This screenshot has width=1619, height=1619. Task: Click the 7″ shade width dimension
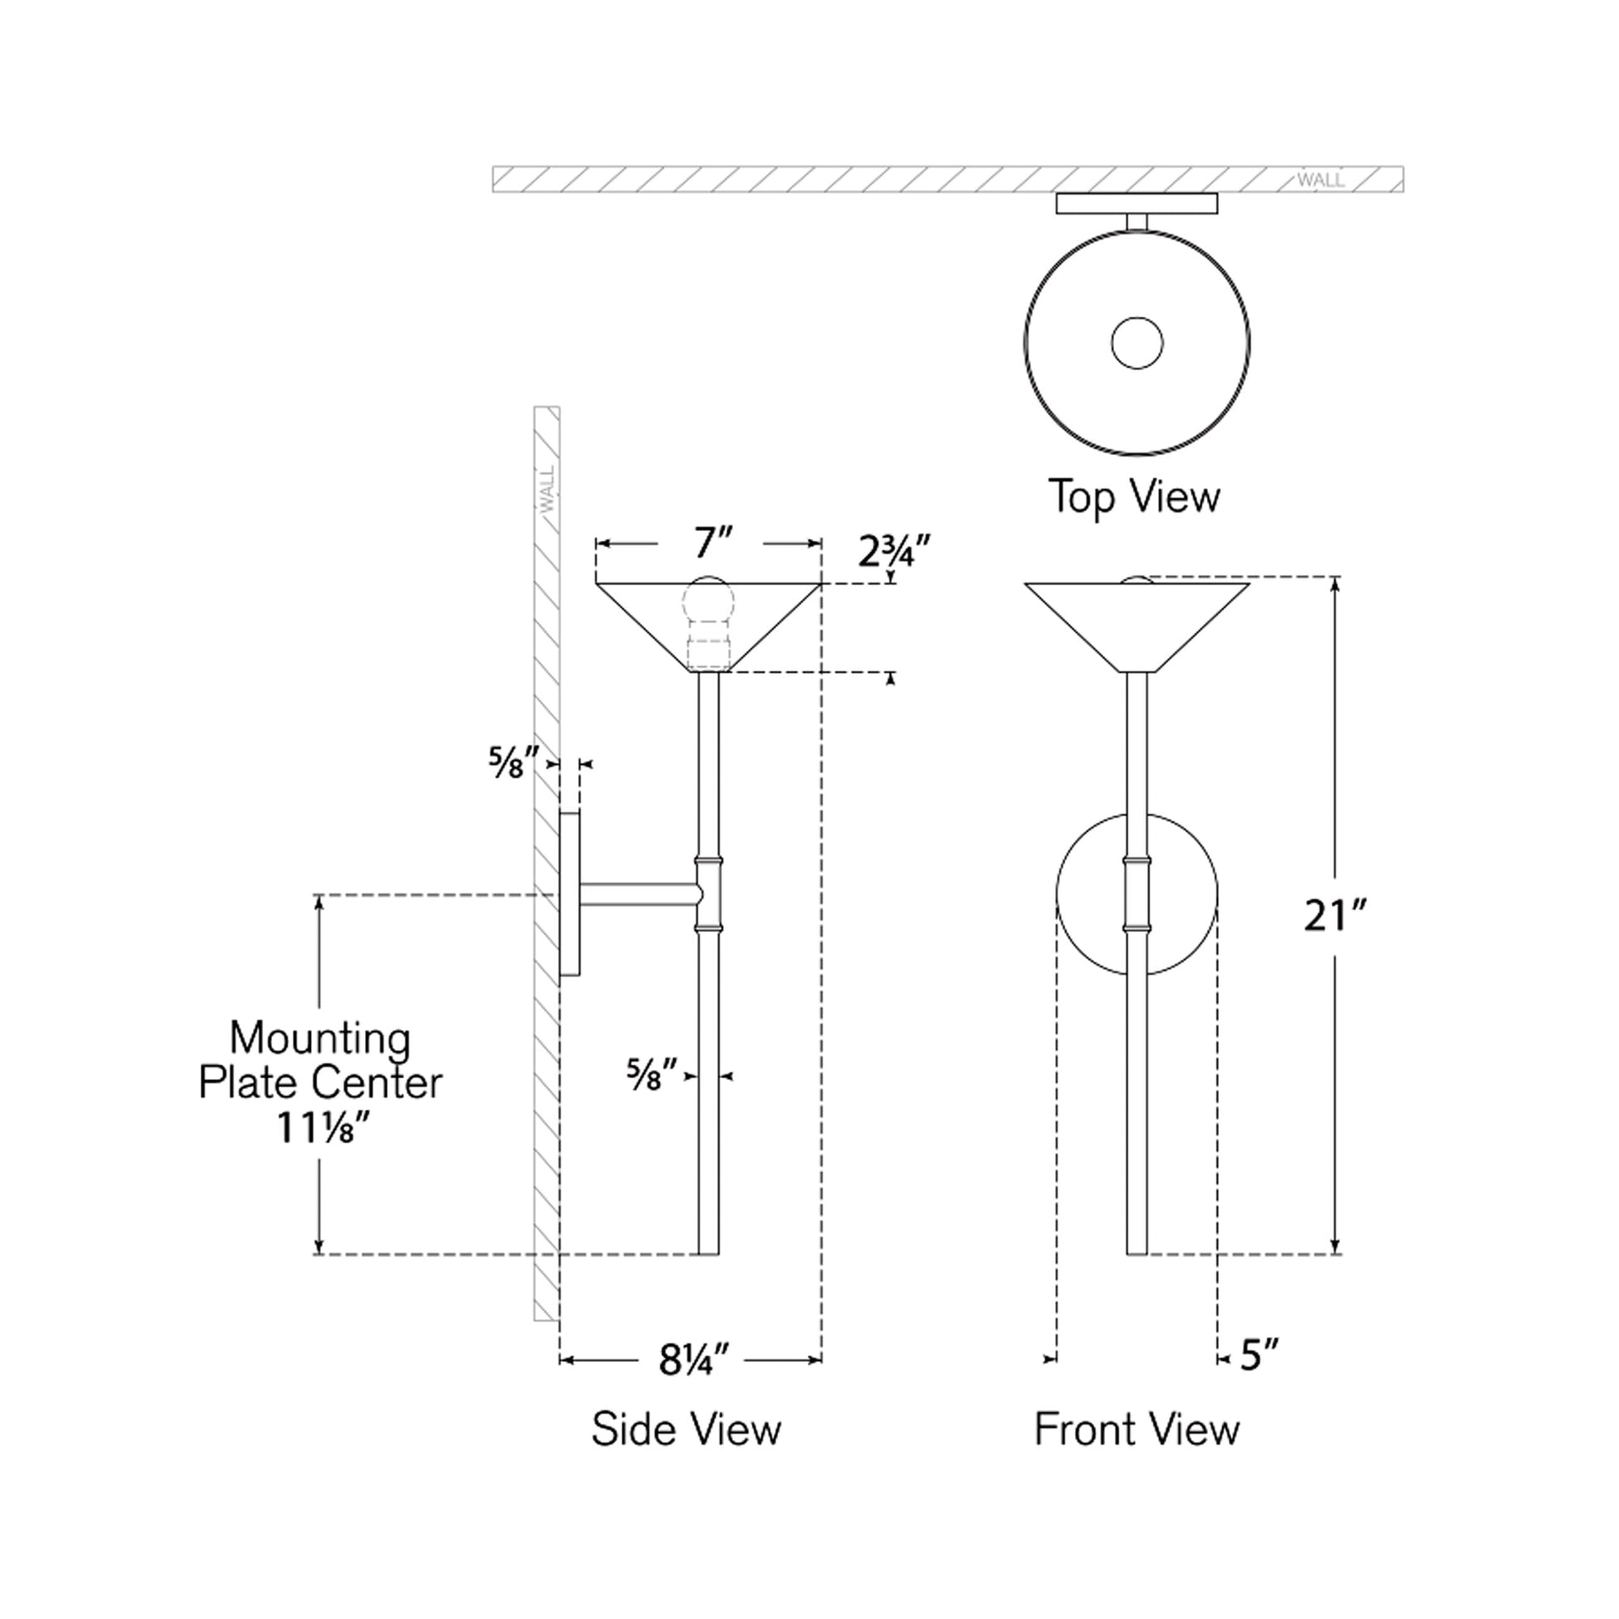(x=709, y=543)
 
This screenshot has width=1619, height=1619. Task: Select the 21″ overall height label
(x=1335, y=916)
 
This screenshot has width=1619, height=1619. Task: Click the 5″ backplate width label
(x=1260, y=1355)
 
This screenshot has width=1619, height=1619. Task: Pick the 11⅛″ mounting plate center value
(x=321, y=1130)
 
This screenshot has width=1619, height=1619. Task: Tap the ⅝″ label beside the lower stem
(x=651, y=1075)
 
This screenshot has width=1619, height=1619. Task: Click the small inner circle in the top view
(x=1136, y=343)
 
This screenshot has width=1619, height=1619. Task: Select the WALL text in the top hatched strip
(x=1320, y=181)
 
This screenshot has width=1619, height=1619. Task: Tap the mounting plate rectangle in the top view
(x=1136, y=204)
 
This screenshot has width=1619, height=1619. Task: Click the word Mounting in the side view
(x=320, y=1038)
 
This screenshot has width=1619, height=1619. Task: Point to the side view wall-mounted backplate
(x=570, y=894)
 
